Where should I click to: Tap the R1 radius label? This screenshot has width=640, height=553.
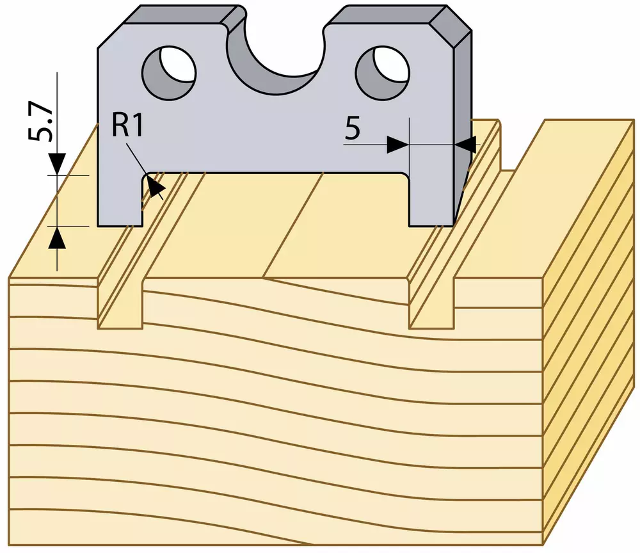(127, 127)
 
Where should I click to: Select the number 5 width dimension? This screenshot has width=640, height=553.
(353, 128)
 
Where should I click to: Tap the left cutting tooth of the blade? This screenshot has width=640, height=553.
(120, 200)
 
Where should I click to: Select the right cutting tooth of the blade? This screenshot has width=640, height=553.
(431, 200)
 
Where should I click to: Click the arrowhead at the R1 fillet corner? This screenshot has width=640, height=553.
(155, 188)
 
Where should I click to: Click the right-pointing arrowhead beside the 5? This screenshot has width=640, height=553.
(397, 144)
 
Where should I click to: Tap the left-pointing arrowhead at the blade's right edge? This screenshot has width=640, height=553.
(465, 144)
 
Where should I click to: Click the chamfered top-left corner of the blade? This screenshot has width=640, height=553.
(111, 36)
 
